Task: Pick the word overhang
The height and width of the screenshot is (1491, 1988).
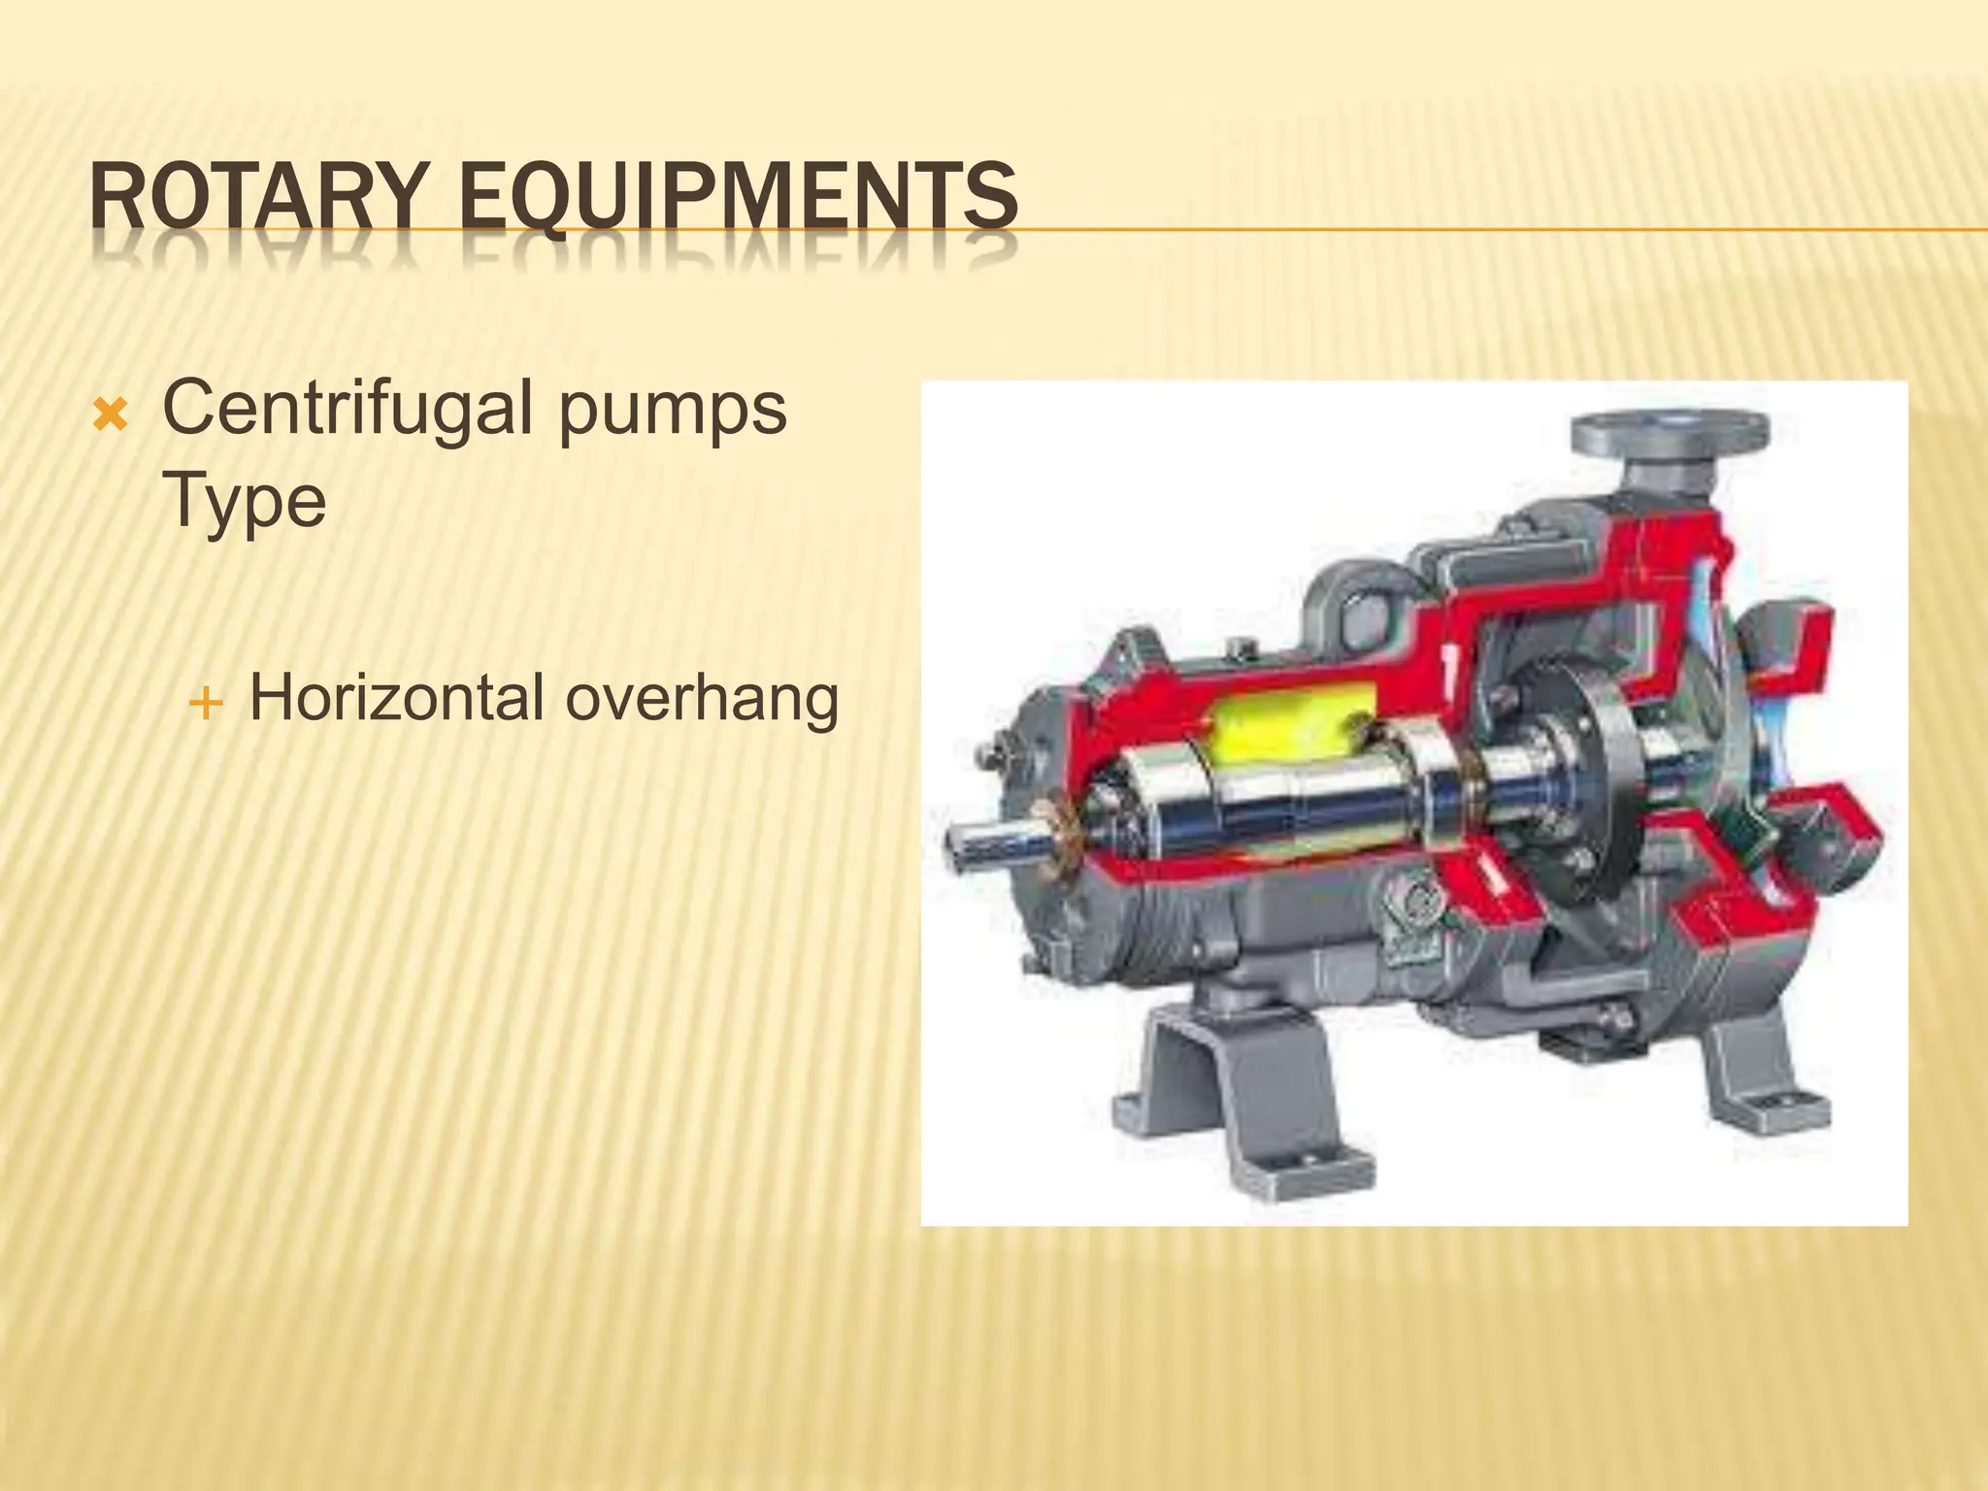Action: [702, 700]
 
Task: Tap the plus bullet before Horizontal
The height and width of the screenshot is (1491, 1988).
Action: [205, 703]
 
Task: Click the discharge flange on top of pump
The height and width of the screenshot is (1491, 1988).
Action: [1669, 432]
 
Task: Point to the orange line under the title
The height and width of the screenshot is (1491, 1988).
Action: [1456, 230]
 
